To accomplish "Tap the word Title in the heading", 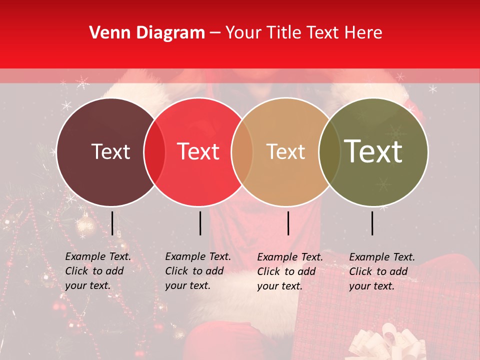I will pyautogui.click(x=284, y=33).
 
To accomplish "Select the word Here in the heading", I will pyautogui.click(x=364, y=33).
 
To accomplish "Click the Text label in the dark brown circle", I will pyautogui.click(x=110, y=151).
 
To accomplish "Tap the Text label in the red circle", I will pyautogui.click(x=198, y=151).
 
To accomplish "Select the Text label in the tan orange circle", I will pyautogui.click(x=285, y=151).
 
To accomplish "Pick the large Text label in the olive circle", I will pyautogui.click(x=373, y=151).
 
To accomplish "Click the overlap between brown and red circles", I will pyautogui.click(x=154, y=152).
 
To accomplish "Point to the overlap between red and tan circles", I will pyautogui.click(x=242, y=152).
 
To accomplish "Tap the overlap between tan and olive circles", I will pyautogui.click(x=329, y=152).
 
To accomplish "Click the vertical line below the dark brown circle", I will pyautogui.click(x=112, y=223).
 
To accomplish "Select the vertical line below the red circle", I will pyautogui.click(x=200, y=223).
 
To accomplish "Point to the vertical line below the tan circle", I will pyautogui.click(x=288, y=223).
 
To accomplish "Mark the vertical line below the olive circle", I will pyautogui.click(x=372, y=223).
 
